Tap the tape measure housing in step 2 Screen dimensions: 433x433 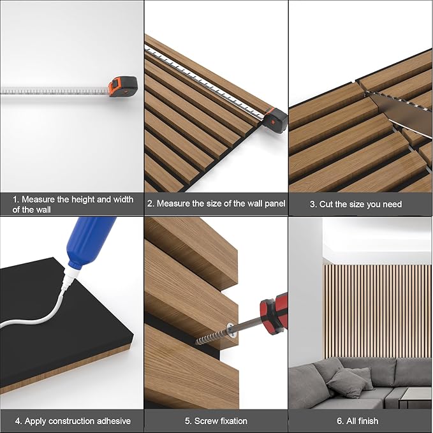point(275,119)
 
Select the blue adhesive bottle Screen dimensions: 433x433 point(92,240)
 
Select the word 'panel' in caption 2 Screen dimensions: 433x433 point(272,204)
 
